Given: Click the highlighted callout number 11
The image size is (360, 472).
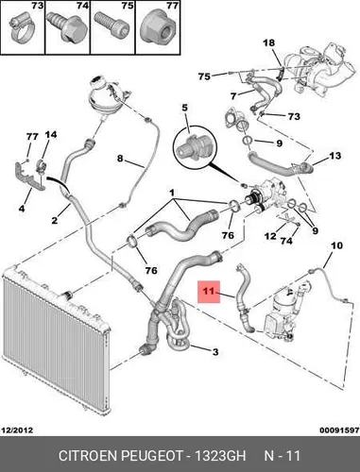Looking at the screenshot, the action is tap(209, 291).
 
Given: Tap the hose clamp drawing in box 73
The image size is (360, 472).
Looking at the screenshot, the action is tap(22, 30).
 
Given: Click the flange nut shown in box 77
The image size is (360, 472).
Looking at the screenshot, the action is tap(159, 29).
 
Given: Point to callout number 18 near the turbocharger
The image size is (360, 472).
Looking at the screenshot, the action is tap(268, 42).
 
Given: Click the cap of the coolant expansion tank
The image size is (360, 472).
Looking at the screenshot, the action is tap(96, 83).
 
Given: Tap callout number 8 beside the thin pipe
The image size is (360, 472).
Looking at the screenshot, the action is tap(120, 158).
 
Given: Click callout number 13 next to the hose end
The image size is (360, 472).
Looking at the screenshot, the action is tap(334, 156).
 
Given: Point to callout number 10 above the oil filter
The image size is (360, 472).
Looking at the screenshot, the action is tap(336, 245).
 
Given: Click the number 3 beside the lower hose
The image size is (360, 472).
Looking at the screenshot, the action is tap(215, 352).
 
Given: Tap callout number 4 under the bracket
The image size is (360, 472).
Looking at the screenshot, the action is tap(22, 209).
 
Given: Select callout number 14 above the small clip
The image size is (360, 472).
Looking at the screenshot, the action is tap(51, 135).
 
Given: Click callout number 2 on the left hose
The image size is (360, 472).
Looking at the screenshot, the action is tap(55, 220).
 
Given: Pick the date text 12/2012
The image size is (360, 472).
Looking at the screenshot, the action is tap(17, 430).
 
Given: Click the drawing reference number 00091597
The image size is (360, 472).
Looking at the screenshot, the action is tap(339, 430).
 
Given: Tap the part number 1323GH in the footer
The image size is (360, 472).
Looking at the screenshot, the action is tap(220, 456).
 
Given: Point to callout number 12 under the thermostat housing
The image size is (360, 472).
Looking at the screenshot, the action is tap(270, 236).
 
